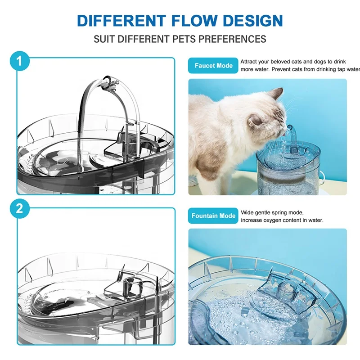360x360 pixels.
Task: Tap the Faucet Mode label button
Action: [x=213, y=66]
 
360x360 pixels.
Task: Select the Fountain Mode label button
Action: [x=213, y=216]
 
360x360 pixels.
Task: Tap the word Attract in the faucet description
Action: [x=250, y=62]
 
